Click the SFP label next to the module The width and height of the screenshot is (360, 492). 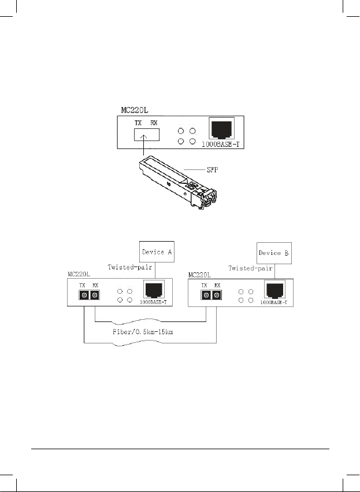tap(212, 170)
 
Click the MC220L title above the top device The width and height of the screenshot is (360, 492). tap(135, 110)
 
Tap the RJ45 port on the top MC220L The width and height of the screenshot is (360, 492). tap(222, 128)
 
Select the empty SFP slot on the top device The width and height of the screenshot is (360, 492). tap(147, 135)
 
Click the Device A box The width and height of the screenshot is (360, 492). tap(157, 251)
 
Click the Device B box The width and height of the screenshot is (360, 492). tap(274, 253)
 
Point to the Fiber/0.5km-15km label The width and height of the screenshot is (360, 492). tap(143, 332)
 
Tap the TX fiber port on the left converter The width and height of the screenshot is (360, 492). tap(84, 295)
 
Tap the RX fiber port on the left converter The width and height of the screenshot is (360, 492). tap(95, 295)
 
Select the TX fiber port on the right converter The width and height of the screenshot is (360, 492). tap(206, 295)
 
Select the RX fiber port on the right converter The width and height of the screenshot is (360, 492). tap(216, 295)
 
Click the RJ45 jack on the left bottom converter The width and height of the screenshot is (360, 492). tap(154, 290)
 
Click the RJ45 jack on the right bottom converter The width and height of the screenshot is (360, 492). tap(274, 290)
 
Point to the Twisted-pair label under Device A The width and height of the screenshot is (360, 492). tap(130, 267)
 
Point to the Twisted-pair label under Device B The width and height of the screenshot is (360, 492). tap(250, 268)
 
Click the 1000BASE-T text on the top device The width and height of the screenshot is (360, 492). tap(220, 145)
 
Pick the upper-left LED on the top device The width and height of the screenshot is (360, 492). tap(181, 131)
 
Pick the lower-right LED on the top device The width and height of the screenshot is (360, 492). tap(192, 142)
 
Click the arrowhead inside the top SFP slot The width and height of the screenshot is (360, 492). tap(144, 137)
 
